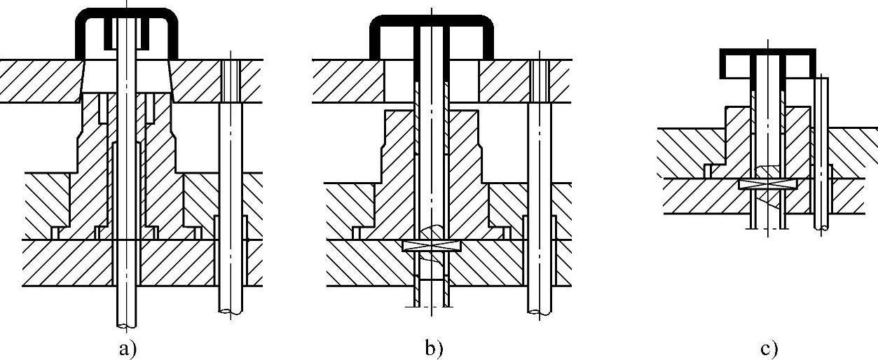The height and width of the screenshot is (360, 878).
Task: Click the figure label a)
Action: [127, 347]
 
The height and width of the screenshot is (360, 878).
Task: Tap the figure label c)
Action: [768, 349]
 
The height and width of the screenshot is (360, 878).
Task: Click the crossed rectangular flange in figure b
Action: [431, 246]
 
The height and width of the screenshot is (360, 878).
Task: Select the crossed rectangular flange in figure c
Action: [768, 184]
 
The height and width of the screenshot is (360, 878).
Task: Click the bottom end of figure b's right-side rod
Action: [539, 311]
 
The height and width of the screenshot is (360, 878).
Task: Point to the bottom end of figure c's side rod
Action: [821, 227]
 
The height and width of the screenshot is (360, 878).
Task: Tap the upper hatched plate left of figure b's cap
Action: [347, 80]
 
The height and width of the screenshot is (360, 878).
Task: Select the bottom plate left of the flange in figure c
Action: [701, 196]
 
